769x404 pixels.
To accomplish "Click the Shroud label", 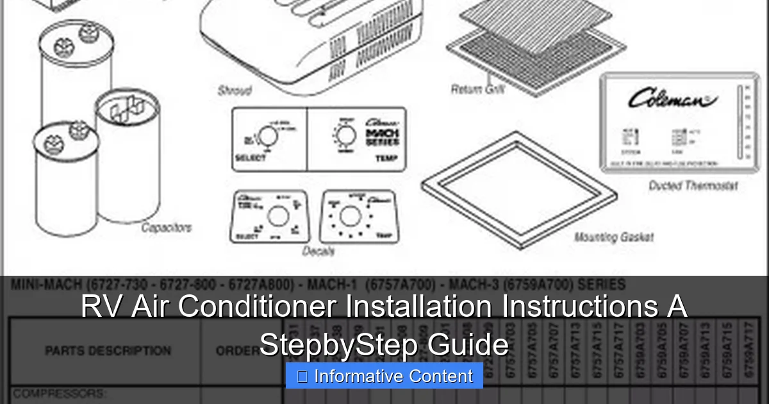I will (235, 90).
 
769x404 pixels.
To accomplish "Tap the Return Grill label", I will (477, 89).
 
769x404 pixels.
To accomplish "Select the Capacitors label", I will (166, 227).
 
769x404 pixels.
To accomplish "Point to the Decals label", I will (318, 251).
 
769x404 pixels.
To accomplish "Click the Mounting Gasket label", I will (613, 237).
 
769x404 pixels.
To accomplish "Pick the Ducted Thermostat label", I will (693, 186).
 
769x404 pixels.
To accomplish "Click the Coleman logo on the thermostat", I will (671, 99).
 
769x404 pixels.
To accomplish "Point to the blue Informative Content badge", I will (384, 376).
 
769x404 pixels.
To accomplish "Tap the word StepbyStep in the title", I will (339, 344).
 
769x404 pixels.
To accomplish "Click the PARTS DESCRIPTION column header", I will (108, 351).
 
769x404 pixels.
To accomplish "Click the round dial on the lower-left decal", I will (277, 216).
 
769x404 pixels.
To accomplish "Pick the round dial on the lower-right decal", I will (349, 216).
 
